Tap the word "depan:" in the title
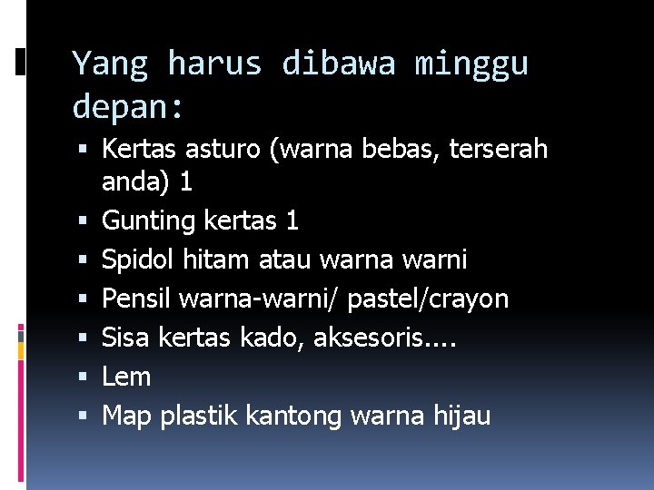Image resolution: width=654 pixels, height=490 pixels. click(128, 107)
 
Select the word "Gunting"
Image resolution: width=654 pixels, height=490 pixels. click(148, 220)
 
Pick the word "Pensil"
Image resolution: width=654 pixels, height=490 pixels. click(137, 299)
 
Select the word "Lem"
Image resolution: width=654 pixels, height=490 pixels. click(125, 377)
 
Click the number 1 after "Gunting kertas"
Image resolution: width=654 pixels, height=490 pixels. click(291, 220)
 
